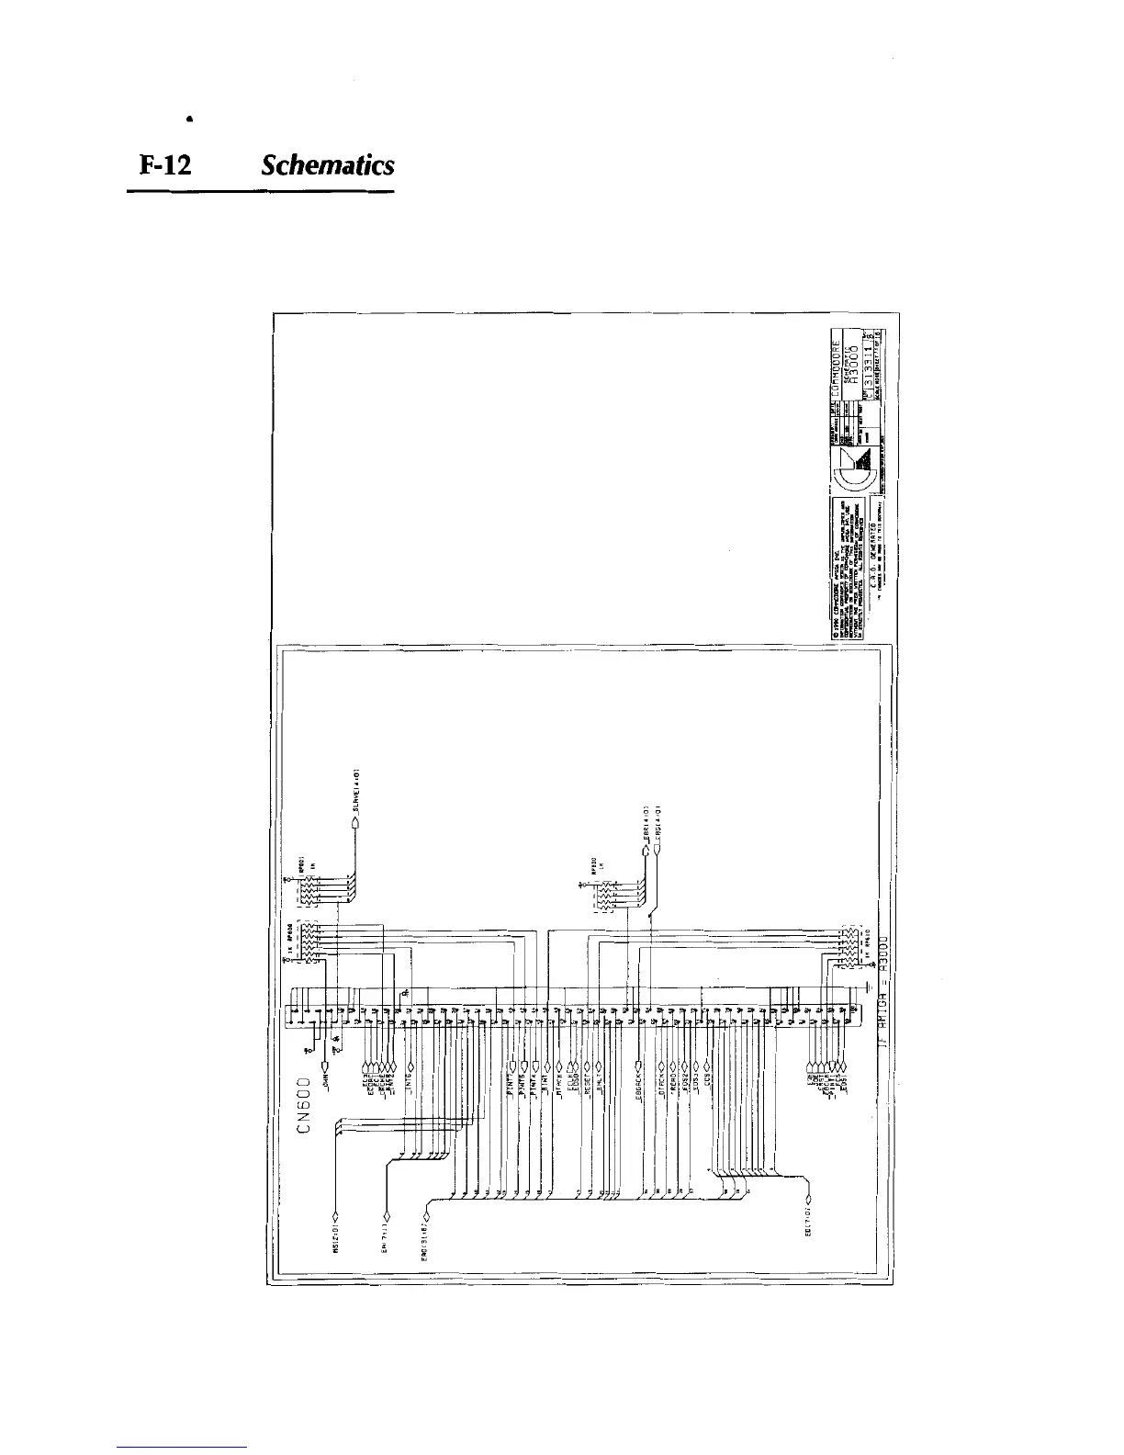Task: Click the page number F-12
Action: pos(164,165)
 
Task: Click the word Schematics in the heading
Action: pos(327,165)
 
